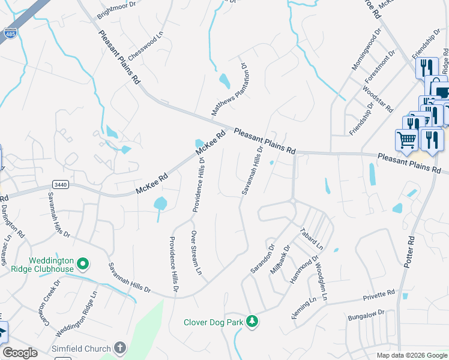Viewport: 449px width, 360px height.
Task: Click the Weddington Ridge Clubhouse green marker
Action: (x=83, y=263)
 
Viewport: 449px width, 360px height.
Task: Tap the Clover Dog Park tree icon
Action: (x=253, y=322)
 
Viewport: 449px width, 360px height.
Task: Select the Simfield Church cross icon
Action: (x=120, y=348)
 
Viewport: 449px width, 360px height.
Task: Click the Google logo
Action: (x=20, y=353)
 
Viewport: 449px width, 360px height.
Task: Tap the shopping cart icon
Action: (x=406, y=140)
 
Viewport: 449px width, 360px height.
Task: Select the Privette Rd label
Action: (x=379, y=295)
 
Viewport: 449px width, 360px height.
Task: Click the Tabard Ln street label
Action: (x=312, y=238)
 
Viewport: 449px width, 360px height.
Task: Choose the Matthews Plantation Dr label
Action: (x=229, y=89)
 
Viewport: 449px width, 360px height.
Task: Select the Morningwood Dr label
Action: (x=366, y=53)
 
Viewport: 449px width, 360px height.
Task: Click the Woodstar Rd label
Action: (x=378, y=99)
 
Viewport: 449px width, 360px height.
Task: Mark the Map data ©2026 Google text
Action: (x=411, y=355)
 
